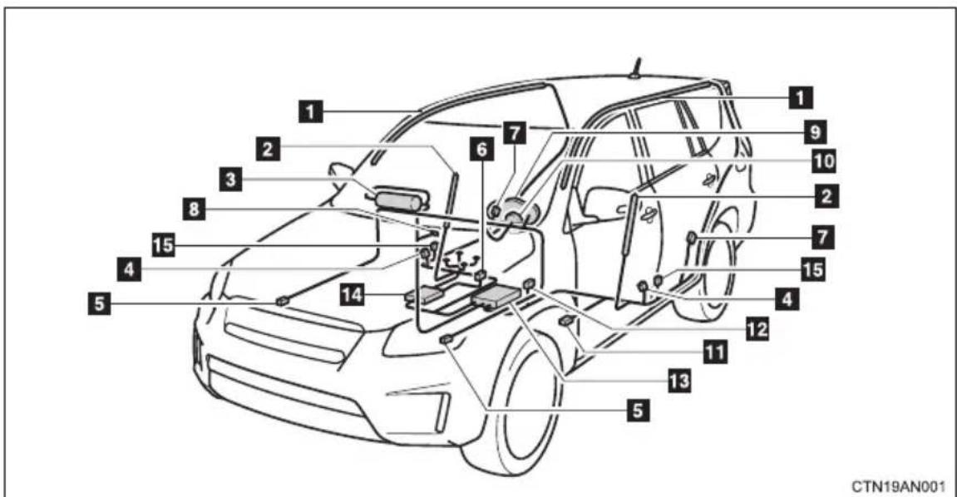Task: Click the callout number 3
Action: pos(230,179)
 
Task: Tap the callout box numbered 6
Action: pos(481,149)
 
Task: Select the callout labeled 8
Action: pos(194,210)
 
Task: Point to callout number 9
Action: pos(814,131)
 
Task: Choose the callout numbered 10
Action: pos(823,161)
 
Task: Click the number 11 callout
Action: pos(716,352)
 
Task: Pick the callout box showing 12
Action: pos(757,329)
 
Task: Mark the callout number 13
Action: pos(679,381)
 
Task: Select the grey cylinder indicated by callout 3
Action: pos(398,200)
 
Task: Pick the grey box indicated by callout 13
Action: pos(496,298)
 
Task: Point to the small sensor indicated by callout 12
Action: pos(530,283)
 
